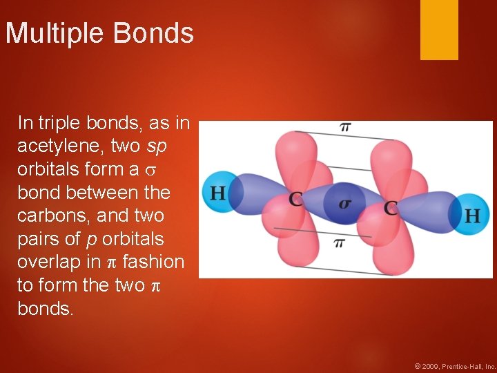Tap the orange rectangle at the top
click(439, 29)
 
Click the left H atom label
click(217, 192)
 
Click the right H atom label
click(472, 216)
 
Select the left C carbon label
click(296, 200)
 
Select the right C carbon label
click(391, 207)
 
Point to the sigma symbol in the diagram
click(344, 203)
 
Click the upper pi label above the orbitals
click(344, 126)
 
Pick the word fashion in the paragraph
click(153, 262)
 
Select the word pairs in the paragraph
click(38, 239)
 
